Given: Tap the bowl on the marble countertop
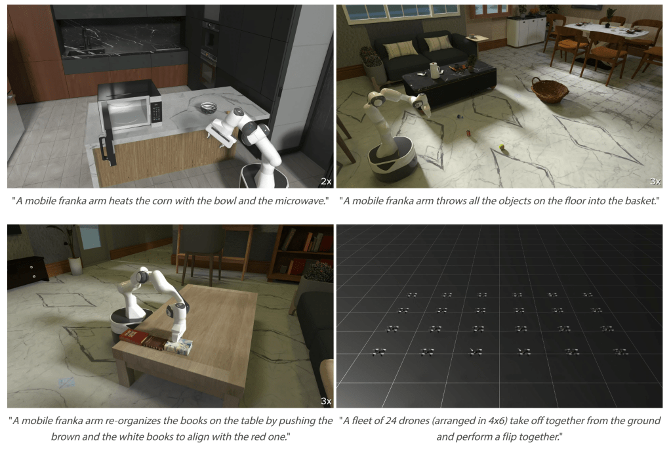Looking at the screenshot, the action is pos(209,108).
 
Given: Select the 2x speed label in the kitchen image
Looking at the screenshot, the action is pos(326,182).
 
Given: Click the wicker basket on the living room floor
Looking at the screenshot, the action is pos(550,90).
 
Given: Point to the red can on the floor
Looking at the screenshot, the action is pos(468,133).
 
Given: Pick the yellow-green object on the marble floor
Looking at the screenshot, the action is pos(502,148).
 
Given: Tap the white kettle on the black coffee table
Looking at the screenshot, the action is pos(435,70).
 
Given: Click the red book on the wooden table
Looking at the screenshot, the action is pos(134,335).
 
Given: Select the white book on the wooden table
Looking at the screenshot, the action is pos(178,347).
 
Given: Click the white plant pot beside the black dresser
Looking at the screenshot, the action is pos(75,265).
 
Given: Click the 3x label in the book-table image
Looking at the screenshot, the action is pos(326,401).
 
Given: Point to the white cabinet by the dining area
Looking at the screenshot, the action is pos(526,32).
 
